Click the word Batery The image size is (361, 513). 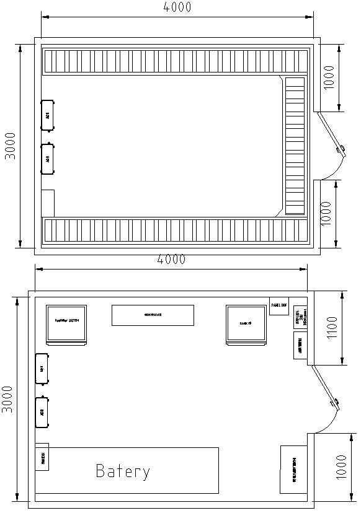(x=123, y=471)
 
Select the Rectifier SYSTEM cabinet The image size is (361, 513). (x=66, y=323)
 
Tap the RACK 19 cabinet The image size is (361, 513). (x=246, y=323)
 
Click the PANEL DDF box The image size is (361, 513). (x=279, y=305)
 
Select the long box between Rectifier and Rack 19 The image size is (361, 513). (x=153, y=315)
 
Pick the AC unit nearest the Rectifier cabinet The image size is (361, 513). (x=42, y=369)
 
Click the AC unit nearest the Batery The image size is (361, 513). (x=42, y=411)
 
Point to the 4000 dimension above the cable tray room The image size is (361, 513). (x=177, y=7)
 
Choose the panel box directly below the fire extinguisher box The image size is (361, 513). (x=300, y=345)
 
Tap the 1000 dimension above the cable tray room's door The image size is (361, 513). (x=329, y=77)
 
